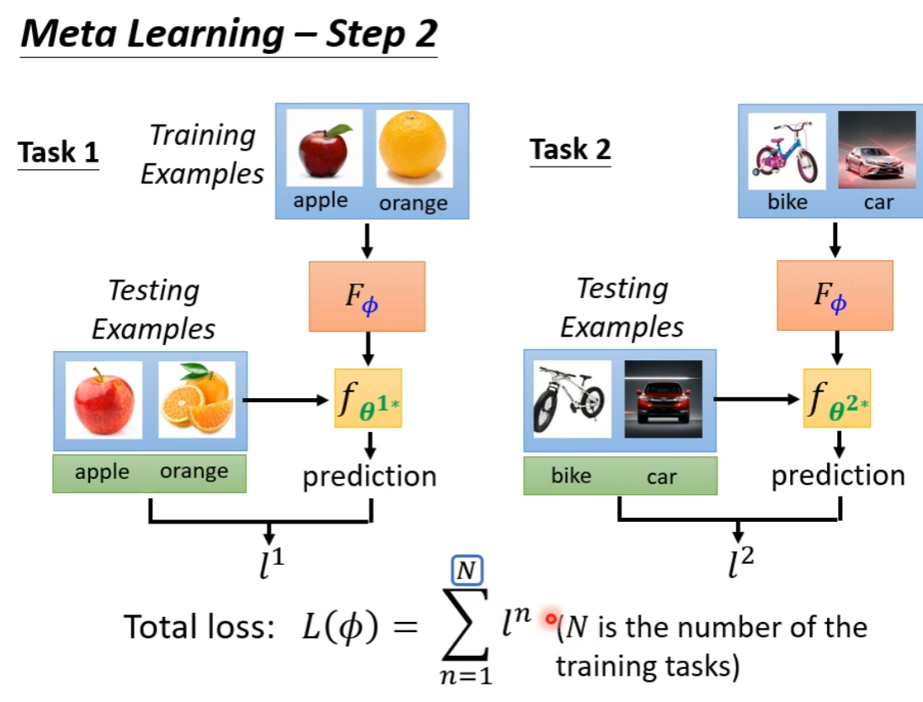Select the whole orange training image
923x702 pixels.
coord(413,148)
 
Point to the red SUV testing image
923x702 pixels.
coord(663,399)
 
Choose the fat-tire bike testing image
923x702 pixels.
coord(571,399)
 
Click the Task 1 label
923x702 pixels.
coord(58,152)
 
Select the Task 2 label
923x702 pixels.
coord(570,150)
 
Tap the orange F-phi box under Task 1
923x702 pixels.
coord(368,295)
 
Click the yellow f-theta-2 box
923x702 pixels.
coord(836,398)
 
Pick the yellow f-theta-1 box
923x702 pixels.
coord(368,398)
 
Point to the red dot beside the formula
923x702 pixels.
coord(551,620)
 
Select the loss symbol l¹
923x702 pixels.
coord(269,563)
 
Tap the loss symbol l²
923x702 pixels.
coord(739,563)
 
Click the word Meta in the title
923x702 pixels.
coord(73,34)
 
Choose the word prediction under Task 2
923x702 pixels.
coord(838,476)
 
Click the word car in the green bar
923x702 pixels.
coord(662,476)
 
